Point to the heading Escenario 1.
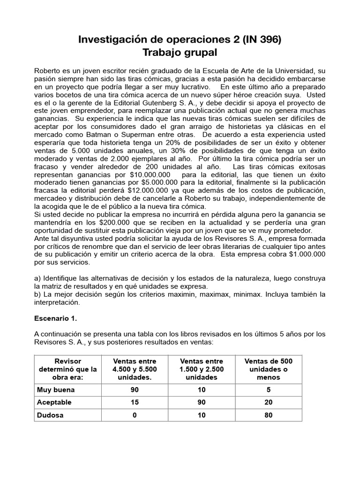pos(55,317)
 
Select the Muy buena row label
pos(56,390)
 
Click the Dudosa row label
pos(49,415)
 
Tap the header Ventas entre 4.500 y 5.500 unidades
pos(135,369)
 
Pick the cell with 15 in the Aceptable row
pos(135,403)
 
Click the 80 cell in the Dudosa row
pos(269,415)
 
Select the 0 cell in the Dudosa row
pos(135,415)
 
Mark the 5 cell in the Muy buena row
pos(269,390)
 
